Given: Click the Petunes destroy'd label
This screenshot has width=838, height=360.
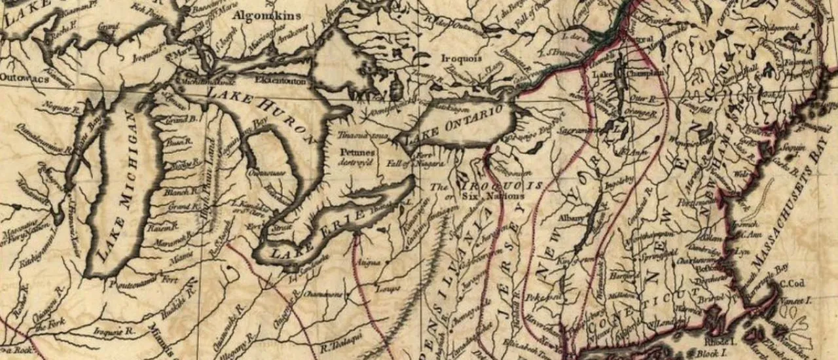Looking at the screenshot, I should coord(357,156).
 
